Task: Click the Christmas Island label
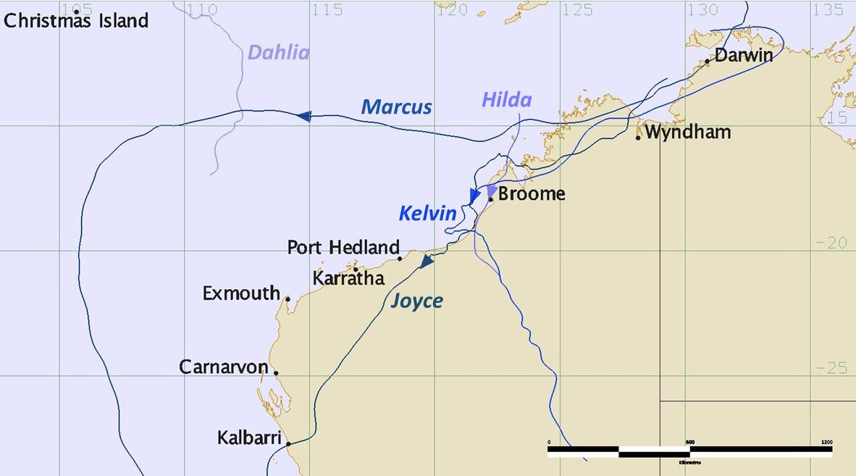pos(76,20)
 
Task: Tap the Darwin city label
pos(744,55)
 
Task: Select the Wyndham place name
pos(688,133)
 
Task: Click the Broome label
pos(532,194)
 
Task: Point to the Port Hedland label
pos(343,247)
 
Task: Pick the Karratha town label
pos(348,278)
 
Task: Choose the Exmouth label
pos(241,293)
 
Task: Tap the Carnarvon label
pos(224,367)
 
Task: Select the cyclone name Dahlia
pos(278,52)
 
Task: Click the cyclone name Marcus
pos(396,107)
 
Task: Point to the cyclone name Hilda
pos(506,100)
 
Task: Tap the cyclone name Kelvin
pos(427,214)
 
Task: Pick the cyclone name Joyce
pos(416,301)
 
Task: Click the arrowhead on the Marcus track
pos(304,115)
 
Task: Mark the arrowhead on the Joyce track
pos(427,262)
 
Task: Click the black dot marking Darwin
pos(708,62)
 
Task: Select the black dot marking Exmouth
pos(288,299)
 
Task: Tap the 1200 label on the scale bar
pos(827,442)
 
